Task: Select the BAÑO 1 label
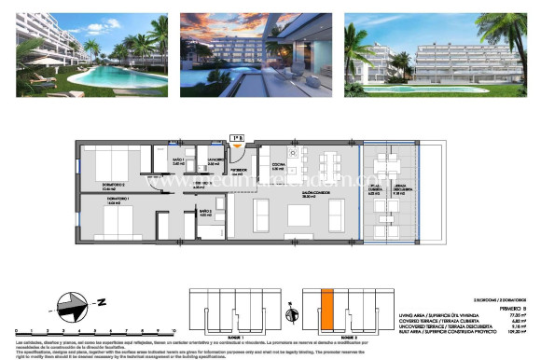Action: (x=179, y=162)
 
